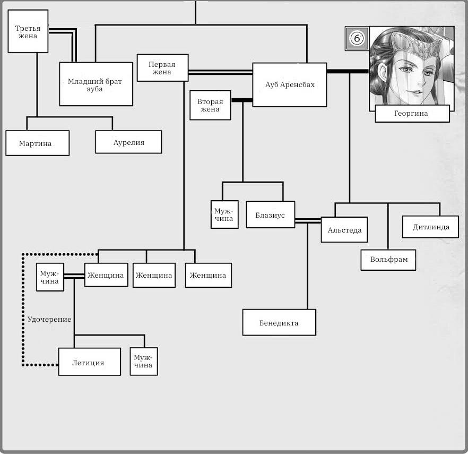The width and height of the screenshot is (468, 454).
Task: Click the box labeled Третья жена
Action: (x=28, y=31)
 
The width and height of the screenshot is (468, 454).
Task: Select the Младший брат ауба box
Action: (x=96, y=84)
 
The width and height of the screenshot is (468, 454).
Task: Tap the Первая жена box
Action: (x=163, y=68)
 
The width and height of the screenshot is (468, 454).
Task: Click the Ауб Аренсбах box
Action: (x=290, y=85)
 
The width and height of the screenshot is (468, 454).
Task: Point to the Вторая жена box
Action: (x=211, y=106)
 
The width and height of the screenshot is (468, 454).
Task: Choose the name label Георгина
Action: (x=412, y=114)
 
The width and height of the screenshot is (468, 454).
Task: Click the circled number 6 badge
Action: (x=357, y=38)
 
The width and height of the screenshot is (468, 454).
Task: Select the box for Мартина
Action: (x=37, y=143)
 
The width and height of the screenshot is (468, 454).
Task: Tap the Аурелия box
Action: (x=128, y=142)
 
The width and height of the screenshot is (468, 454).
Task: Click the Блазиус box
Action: (x=271, y=215)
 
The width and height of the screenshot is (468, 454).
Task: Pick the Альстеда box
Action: (x=344, y=229)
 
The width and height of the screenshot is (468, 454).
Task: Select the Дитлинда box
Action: (x=430, y=227)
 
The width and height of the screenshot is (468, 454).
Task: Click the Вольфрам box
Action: (x=388, y=260)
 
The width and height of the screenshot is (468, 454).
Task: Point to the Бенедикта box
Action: (x=279, y=322)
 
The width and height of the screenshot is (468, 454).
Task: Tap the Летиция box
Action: (x=90, y=362)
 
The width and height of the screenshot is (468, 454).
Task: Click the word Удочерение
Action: (x=49, y=319)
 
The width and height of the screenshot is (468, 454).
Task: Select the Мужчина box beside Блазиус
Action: (x=224, y=215)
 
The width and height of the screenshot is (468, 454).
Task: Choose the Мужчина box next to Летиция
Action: (x=144, y=362)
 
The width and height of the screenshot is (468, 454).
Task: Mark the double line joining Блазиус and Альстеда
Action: (x=308, y=221)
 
